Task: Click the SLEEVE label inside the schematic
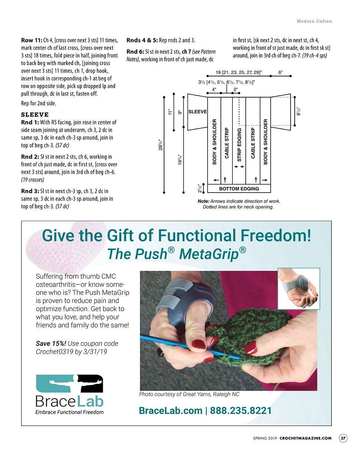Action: pyautogui.click(x=197, y=112)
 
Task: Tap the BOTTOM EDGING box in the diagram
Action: pyautogui.click(x=239, y=189)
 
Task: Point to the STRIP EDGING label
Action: pyautogui.click(x=239, y=145)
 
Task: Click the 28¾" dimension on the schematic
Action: pyautogui.click(x=161, y=145)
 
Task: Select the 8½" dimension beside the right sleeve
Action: pyautogui.click(x=298, y=111)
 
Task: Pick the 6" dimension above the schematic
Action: pyautogui.click(x=281, y=72)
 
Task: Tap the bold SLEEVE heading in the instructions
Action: pyautogui.click(x=35, y=115)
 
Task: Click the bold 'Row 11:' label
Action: pyautogui.click(x=32, y=40)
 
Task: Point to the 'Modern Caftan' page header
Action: pyautogui.click(x=314, y=21)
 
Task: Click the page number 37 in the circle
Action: pyautogui.click(x=343, y=438)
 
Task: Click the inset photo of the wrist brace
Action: pyautogui.click(x=299, y=289)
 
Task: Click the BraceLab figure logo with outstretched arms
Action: pyautogui.click(x=70, y=383)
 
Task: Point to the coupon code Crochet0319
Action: pyautogui.click(x=53, y=351)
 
